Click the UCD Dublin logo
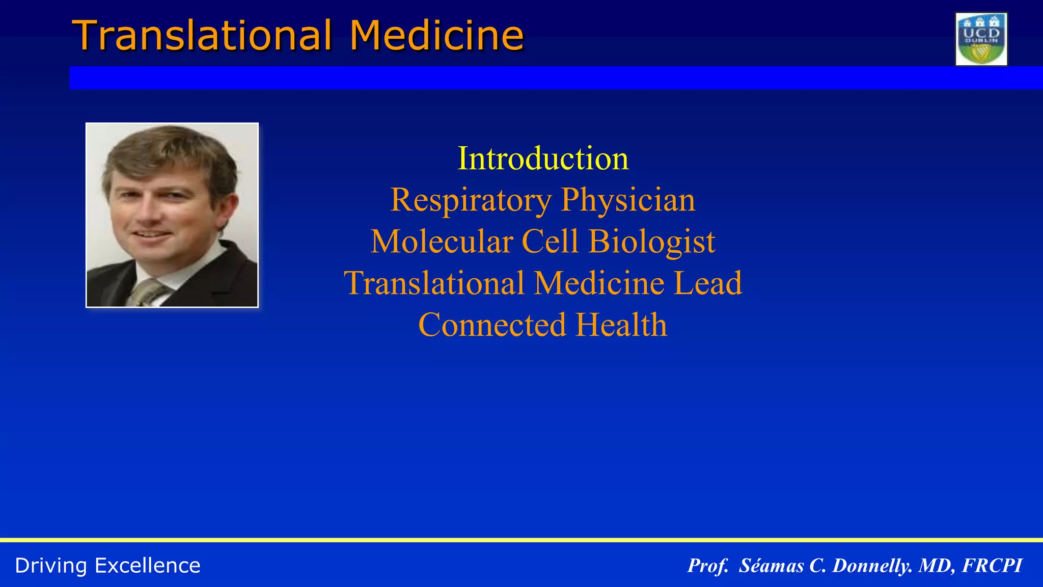981,39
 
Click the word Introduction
543,158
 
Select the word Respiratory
471,200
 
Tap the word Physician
628,200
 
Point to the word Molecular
442,242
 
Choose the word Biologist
652,242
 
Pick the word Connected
492,325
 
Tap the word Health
621,325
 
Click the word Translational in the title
202,36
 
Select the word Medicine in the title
436,36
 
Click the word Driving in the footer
51,566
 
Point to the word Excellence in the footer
147,566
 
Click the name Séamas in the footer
771,566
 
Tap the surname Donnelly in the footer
872,566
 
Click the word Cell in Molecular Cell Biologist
551,242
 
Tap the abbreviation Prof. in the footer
708,566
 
